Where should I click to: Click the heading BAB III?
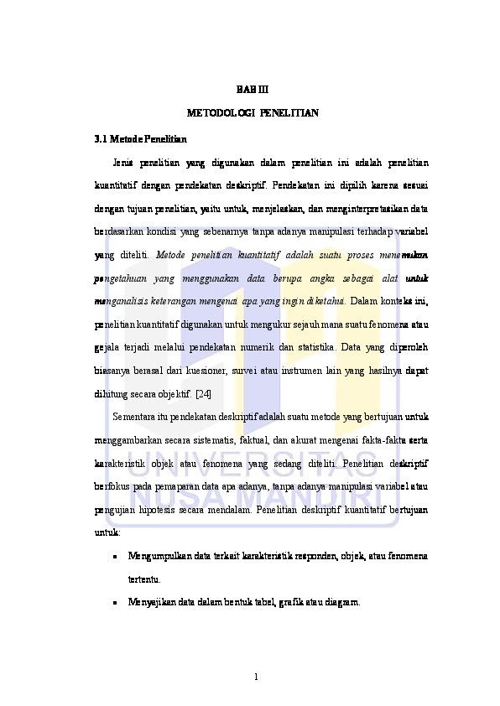coord(250,89)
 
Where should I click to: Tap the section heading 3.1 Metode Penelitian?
coord(141,137)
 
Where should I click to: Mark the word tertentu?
coord(144,579)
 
